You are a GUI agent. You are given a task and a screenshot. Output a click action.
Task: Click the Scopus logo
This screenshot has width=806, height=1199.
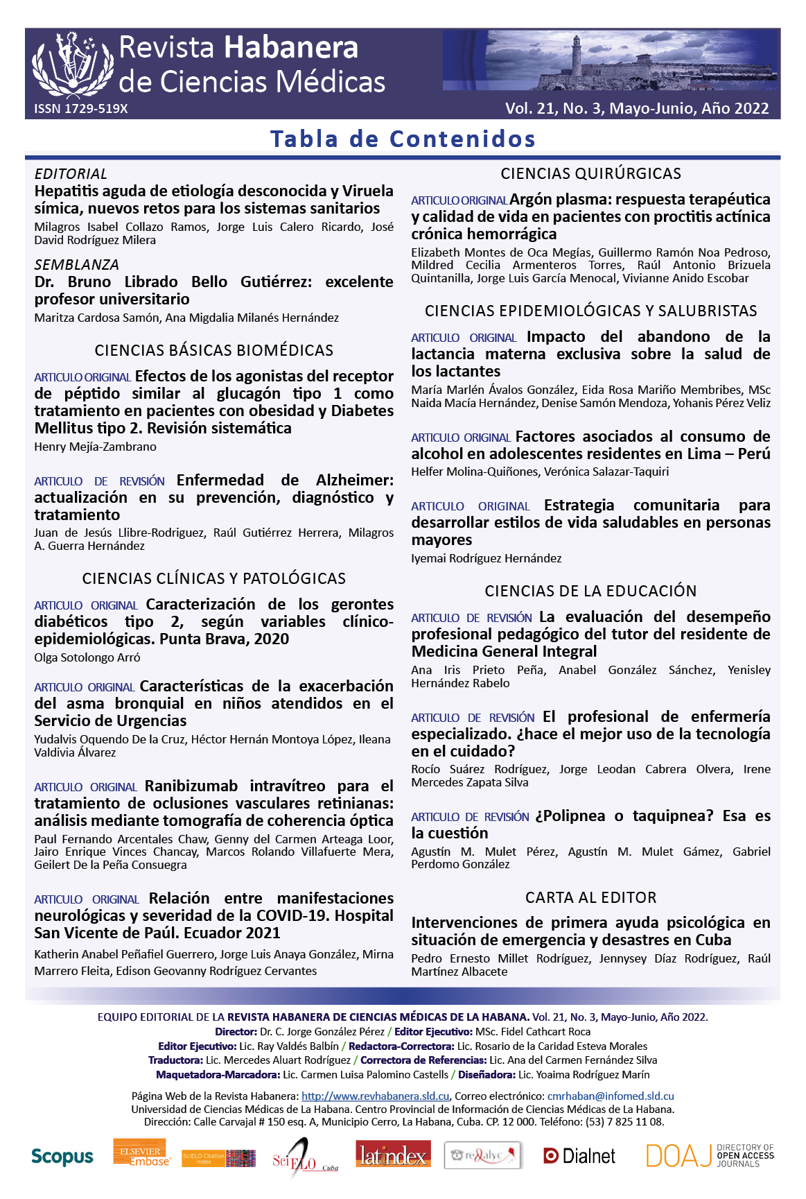pyautogui.click(x=62, y=1156)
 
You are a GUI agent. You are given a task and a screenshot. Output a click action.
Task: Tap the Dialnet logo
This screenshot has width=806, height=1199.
pyautogui.click(x=579, y=1155)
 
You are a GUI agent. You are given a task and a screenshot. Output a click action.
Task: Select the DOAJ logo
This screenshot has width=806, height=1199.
pyautogui.click(x=709, y=1155)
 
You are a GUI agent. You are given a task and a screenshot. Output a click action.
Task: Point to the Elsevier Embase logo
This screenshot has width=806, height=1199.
pyautogui.click(x=141, y=1153)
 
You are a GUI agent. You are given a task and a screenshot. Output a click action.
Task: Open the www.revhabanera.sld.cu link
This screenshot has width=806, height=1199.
pyautogui.click(x=375, y=1096)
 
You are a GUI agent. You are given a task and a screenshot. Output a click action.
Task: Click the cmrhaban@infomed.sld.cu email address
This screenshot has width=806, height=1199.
pyautogui.click(x=610, y=1096)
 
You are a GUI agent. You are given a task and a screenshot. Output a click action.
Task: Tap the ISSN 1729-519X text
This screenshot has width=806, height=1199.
pyautogui.click(x=81, y=109)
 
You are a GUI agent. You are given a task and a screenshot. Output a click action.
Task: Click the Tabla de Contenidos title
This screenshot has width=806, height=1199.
pyautogui.click(x=403, y=139)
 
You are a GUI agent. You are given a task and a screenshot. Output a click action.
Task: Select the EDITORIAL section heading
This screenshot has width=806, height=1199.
pyautogui.click(x=71, y=174)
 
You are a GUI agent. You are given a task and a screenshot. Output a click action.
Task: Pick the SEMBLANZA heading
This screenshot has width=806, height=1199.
pyautogui.click(x=76, y=265)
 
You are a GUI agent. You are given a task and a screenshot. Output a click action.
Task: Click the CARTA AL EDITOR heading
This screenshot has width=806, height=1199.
pyautogui.click(x=590, y=897)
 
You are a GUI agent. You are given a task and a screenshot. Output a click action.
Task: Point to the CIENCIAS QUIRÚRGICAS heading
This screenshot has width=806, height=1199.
pyautogui.click(x=590, y=173)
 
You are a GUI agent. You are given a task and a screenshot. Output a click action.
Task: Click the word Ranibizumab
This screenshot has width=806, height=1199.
pyautogui.click(x=191, y=786)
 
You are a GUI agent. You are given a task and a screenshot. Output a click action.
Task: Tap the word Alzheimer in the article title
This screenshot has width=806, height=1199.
pyautogui.click(x=353, y=481)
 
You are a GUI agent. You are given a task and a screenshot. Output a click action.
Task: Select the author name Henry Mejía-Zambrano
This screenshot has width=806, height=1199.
pyautogui.click(x=95, y=447)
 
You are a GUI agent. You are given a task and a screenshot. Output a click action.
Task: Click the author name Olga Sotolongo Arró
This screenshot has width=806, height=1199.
pyautogui.click(x=87, y=657)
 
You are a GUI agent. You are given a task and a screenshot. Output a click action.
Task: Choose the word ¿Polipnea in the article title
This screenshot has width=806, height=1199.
pyautogui.click(x=570, y=816)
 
